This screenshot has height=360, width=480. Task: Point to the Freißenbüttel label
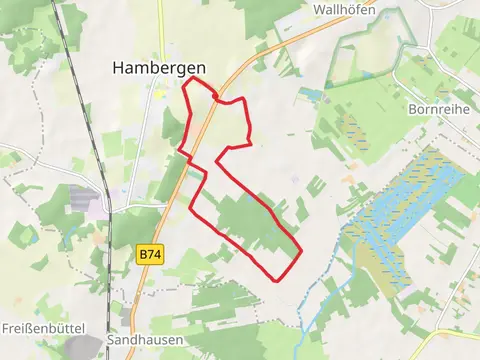point(44,328)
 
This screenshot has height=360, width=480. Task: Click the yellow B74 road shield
point(149,255)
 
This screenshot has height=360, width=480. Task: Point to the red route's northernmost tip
point(192,79)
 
